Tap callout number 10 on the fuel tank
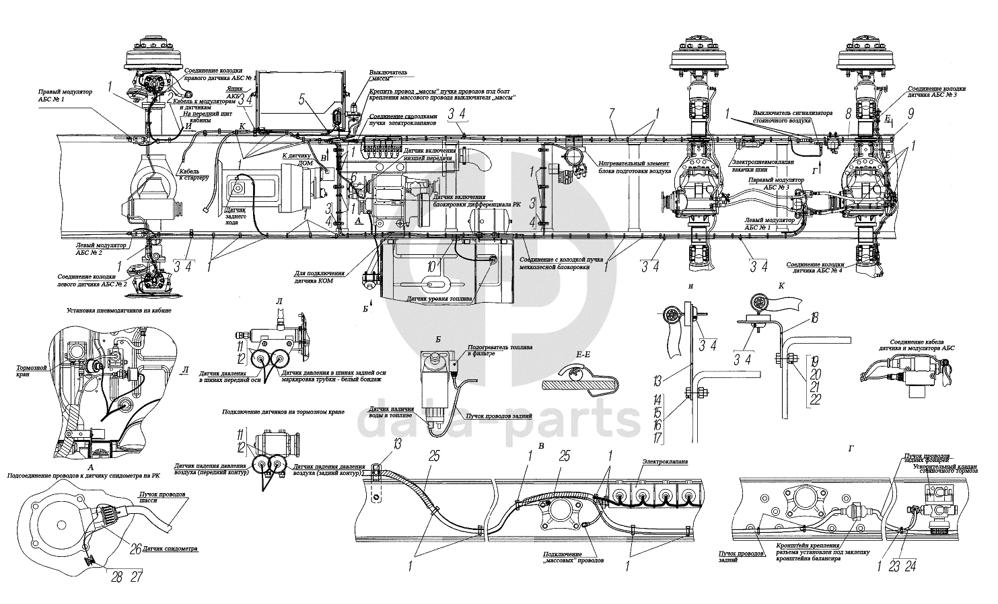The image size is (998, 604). click(430, 264)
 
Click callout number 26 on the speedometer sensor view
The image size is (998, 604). click(135, 548)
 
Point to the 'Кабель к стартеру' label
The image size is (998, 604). click(194, 174)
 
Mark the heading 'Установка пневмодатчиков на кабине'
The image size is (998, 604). click(119, 311)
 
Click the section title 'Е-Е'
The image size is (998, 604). click(574, 354)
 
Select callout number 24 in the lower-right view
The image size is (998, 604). click(912, 565)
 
